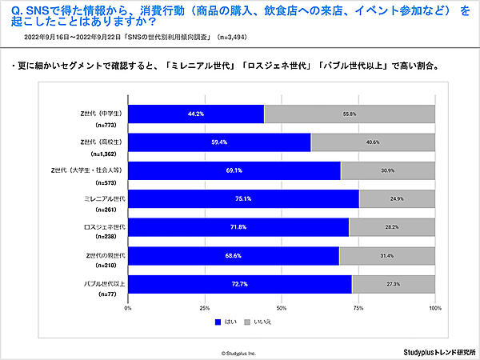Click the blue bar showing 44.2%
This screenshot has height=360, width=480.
(x=196, y=114)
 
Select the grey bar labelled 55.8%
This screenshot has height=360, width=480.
(x=350, y=114)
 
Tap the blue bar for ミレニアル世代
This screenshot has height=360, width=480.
(x=243, y=198)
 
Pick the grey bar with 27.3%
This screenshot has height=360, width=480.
(x=393, y=284)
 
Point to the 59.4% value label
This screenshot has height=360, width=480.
(x=220, y=142)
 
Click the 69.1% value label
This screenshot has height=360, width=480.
(x=234, y=170)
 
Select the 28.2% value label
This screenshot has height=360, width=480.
(x=392, y=227)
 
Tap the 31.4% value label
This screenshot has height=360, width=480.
(x=387, y=255)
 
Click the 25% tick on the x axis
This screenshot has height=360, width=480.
(x=205, y=307)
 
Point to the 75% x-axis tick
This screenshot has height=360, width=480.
(x=358, y=307)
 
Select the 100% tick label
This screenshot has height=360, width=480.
(x=434, y=307)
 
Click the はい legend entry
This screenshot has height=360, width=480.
(x=226, y=322)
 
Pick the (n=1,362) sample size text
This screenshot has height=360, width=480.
(x=106, y=152)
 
